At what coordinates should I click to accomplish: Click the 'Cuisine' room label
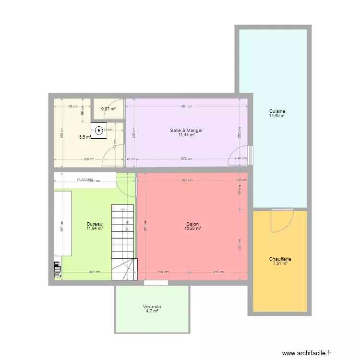[x=277, y=111]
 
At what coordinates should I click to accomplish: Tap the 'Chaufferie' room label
[x=280, y=259]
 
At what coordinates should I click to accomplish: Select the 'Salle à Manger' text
[x=186, y=130]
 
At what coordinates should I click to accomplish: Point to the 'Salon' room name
[x=192, y=224]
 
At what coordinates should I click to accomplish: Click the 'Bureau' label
[x=95, y=224]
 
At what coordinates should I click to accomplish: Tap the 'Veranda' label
[x=152, y=306]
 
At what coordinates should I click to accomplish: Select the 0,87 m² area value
[x=108, y=109]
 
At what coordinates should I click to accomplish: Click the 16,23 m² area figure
[x=192, y=229]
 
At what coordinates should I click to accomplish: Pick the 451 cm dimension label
[x=186, y=107]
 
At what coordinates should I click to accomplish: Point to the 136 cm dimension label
[x=72, y=107]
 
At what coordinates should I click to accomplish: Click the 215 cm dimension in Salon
[x=218, y=272]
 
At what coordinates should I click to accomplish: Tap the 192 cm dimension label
[x=163, y=272]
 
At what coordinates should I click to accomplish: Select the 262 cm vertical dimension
[x=240, y=244]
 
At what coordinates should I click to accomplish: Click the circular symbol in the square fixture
[x=99, y=130]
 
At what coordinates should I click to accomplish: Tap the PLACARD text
[x=85, y=180]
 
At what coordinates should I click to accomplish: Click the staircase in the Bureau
[x=122, y=240]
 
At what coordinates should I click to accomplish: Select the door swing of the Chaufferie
[x=282, y=220]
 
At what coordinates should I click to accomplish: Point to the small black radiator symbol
[x=58, y=269]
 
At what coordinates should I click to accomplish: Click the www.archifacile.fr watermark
[x=307, y=353]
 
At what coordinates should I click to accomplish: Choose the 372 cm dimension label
[x=186, y=159]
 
